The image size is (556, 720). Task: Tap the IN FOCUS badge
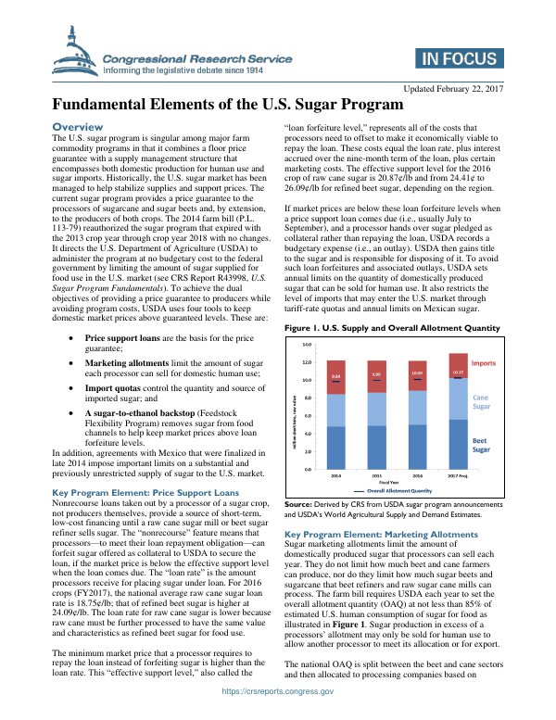coord(457,60)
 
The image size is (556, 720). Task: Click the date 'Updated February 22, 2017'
coord(449,88)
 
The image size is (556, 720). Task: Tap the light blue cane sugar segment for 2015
coord(376,409)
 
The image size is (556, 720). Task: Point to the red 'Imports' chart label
coord(483,363)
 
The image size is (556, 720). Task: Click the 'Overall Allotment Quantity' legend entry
coord(398,489)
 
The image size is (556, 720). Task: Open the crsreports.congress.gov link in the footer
coord(278,711)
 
